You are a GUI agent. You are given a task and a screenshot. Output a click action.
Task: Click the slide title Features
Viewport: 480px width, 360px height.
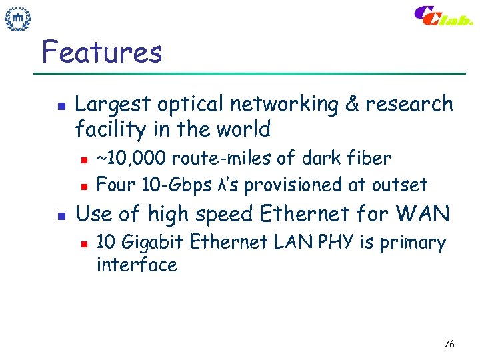tap(101, 52)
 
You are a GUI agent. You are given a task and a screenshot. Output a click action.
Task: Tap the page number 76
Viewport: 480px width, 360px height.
tap(449, 344)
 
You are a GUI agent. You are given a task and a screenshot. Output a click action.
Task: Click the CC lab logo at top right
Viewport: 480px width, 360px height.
tap(443, 16)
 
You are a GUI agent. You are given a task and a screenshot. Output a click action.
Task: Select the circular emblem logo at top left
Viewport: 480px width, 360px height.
tap(18, 20)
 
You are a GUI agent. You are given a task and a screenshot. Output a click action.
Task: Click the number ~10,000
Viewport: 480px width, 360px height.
tap(131, 159)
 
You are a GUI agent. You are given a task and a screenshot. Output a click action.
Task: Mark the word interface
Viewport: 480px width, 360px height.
tap(137, 265)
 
